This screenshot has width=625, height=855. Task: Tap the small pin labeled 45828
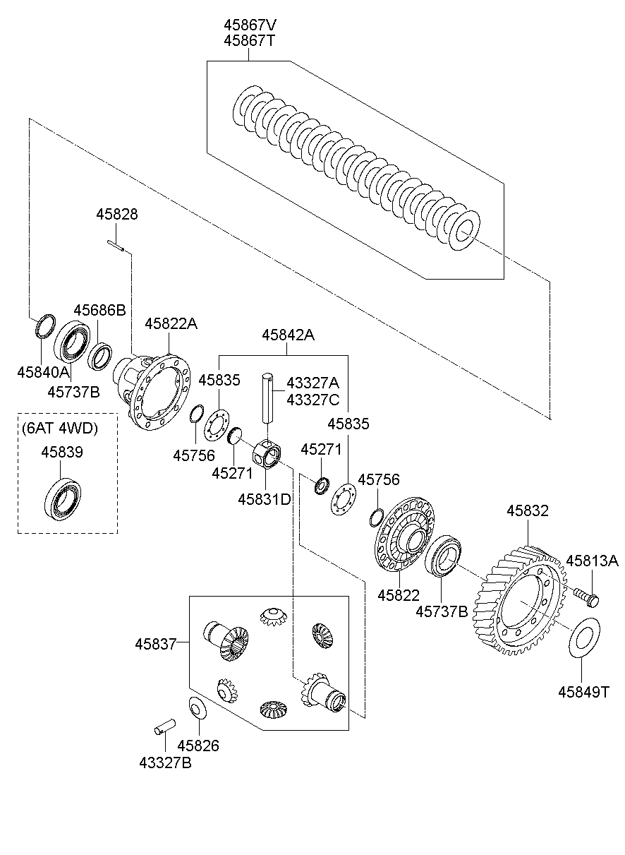(117, 246)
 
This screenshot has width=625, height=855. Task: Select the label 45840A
(44, 372)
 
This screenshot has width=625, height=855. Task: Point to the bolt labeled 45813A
(586, 597)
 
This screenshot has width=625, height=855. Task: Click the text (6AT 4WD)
(59, 428)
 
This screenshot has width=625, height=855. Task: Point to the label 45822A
(171, 323)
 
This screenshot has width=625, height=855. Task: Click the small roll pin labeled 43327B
(166, 726)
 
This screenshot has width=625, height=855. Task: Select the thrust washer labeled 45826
(195, 707)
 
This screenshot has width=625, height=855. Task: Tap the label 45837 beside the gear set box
(153, 643)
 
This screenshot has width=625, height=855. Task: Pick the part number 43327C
(312, 400)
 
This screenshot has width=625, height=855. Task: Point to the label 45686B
(99, 309)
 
